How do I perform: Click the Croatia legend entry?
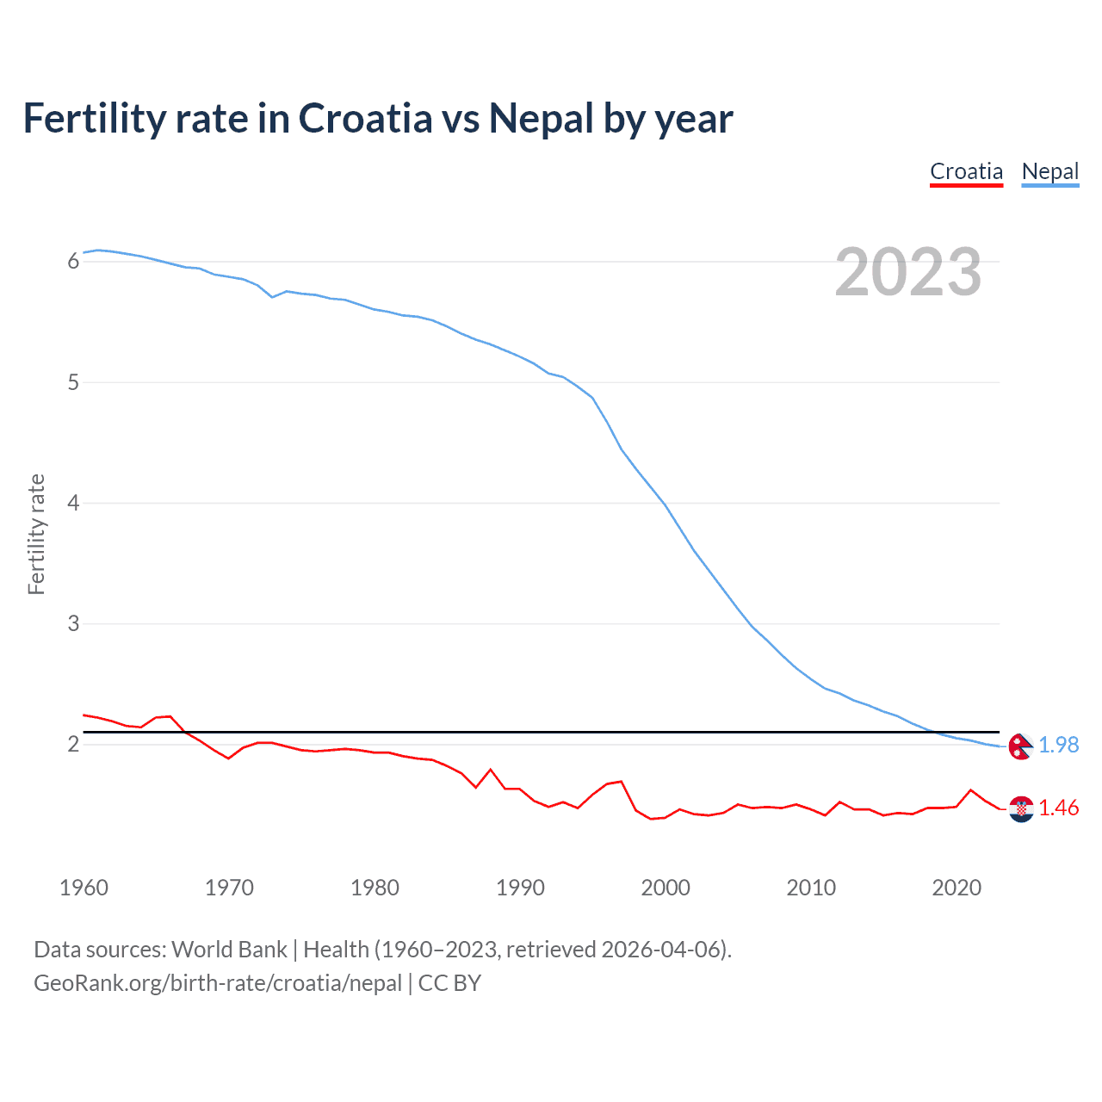[966, 171]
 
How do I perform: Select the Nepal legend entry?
[1049, 171]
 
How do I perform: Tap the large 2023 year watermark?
[907, 272]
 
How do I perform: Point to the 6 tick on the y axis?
[73, 261]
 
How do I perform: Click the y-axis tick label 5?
[73, 382]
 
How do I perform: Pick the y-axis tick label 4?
[73, 503]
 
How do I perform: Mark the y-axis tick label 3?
[73, 623]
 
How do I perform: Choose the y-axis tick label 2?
[73, 744]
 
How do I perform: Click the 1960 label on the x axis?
[84, 888]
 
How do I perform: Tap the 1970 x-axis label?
[229, 888]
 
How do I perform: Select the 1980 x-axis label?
[375, 888]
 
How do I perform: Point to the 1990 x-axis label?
[520, 888]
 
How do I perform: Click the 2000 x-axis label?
[666, 888]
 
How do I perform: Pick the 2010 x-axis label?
[811, 888]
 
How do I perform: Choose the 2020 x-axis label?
[957, 888]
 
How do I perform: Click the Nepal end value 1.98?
[1058, 745]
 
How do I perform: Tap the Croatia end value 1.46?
[1058, 808]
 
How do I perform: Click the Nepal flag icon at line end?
[1020, 746]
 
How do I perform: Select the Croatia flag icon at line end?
[1020, 808]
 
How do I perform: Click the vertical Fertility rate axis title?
[36, 534]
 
